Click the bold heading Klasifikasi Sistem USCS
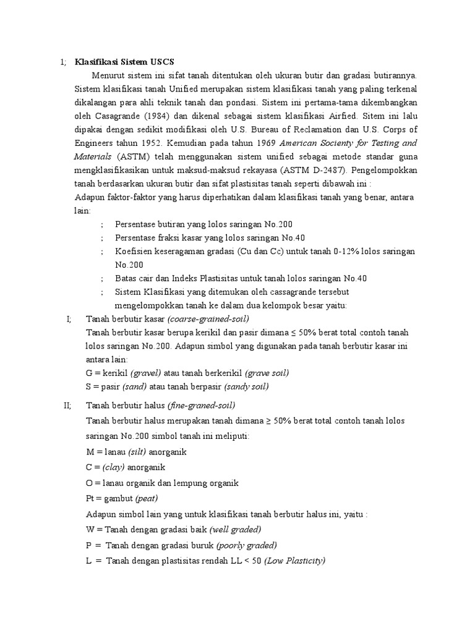point(125,62)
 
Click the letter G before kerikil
point(90,373)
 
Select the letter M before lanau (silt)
point(90,452)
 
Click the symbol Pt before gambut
point(90,498)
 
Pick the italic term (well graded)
point(236,529)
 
